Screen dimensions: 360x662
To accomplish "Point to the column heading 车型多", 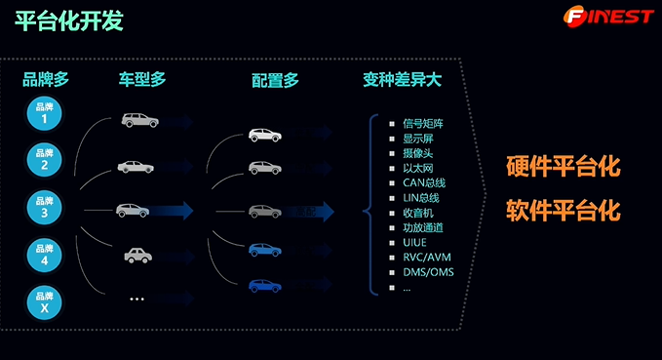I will pyautogui.click(x=142, y=81).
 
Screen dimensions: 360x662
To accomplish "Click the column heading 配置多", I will pyautogui.click(x=274, y=81).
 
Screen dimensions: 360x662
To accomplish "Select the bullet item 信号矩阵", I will pyautogui.click(x=423, y=124).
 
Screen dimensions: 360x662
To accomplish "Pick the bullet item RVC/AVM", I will pyautogui.click(x=427, y=258).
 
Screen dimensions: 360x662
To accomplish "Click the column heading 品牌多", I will pyautogui.click(x=46, y=81).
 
